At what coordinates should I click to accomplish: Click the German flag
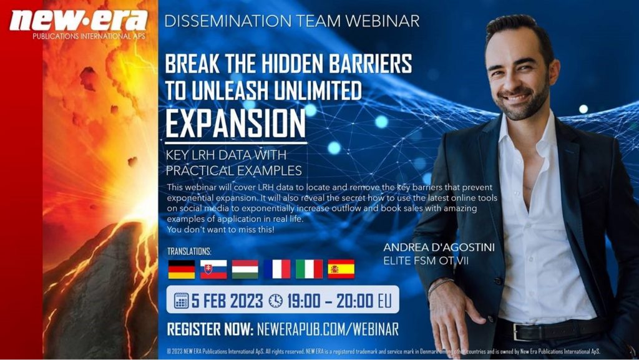[x=182, y=269]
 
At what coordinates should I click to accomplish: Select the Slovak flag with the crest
[x=213, y=269]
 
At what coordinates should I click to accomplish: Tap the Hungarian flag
[x=245, y=269]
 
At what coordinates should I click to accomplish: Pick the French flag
[x=277, y=269]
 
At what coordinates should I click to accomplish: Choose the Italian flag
[x=310, y=269]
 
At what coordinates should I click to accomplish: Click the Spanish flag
[x=341, y=269]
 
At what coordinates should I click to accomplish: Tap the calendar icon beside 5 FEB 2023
[x=182, y=301]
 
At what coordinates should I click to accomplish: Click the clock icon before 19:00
[x=275, y=301]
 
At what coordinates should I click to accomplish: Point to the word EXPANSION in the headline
[x=235, y=122]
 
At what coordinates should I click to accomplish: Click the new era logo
[x=78, y=24]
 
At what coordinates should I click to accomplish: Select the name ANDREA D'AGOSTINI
[x=439, y=248]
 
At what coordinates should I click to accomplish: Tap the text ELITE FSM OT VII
[x=426, y=261]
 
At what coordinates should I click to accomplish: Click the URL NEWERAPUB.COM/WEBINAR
[x=328, y=329]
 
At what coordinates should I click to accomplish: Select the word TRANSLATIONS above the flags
[x=190, y=251]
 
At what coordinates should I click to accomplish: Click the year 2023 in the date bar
[x=246, y=301]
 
